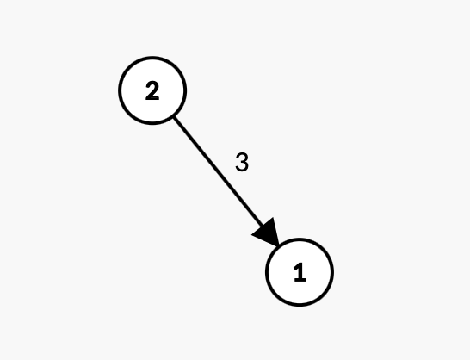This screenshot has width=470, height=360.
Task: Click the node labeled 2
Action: (x=152, y=90)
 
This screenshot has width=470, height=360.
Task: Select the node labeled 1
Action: (x=300, y=272)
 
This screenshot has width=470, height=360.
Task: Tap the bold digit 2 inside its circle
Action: (x=152, y=91)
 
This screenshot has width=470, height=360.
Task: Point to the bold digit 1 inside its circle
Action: (x=300, y=272)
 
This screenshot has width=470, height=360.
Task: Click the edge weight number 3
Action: (x=242, y=162)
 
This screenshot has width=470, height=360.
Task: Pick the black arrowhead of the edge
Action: (x=268, y=233)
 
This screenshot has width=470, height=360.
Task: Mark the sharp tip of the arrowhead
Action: (x=279, y=246)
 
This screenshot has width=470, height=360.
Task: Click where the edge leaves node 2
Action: (x=174, y=117)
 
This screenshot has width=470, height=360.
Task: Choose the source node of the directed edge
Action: (x=152, y=90)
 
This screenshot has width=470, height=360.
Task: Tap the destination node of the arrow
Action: (x=300, y=272)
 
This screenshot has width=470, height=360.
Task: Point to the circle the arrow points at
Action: (x=300, y=272)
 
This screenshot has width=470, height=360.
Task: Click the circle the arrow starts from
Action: (x=152, y=90)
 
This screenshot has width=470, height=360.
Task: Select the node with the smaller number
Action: (x=300, y=272)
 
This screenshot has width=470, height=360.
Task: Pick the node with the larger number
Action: (x=152, y=90)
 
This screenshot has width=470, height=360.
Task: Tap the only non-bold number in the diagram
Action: (x=242, y=162)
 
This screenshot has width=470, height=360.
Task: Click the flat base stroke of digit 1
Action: (x=300, y=280)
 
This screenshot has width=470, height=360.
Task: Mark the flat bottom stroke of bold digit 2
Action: (x=152, y=98)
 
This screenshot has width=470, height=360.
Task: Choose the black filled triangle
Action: (x=268, y=233)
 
